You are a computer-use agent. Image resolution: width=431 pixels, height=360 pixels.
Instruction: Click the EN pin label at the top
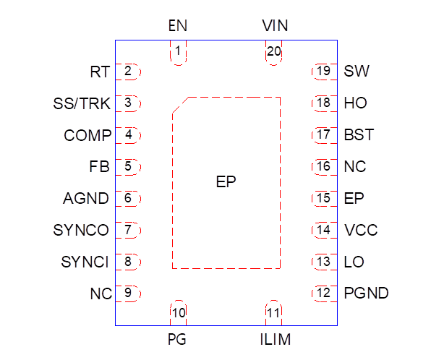177,27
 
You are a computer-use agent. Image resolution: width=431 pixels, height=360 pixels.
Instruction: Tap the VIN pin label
275,27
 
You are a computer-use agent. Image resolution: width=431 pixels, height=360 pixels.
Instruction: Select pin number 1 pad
178,53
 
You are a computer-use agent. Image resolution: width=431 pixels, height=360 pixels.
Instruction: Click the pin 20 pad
273,53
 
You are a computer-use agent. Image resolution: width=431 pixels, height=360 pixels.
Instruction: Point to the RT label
100,72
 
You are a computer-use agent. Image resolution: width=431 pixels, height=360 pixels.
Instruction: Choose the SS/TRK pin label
82,103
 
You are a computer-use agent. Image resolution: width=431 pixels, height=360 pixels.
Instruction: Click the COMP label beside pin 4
88,135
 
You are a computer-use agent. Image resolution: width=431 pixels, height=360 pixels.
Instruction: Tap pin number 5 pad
128,167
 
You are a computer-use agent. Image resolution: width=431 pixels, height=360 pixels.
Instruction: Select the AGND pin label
86,199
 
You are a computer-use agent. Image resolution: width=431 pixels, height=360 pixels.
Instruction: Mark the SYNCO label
81,231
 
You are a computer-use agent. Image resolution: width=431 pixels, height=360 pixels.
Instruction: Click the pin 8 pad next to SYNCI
128,262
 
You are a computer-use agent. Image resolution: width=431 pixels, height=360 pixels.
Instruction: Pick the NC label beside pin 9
100,294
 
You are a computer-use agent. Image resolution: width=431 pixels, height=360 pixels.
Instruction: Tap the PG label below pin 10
178,339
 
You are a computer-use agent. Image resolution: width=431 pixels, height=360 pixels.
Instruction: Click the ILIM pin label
275,339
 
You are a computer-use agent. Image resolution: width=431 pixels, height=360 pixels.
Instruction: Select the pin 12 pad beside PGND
323,293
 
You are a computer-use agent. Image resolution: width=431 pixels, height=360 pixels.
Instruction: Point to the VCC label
361,231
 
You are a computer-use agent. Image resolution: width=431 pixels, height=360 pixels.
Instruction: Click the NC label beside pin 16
355,167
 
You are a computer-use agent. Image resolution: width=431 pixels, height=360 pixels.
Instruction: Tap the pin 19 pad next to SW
323,71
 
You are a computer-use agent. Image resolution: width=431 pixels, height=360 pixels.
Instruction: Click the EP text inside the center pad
226,182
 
